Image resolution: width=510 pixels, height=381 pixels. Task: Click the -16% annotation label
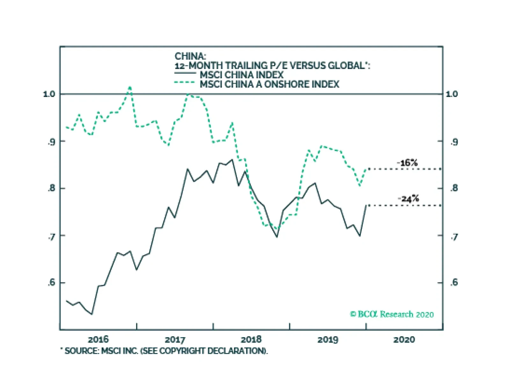[x=407, y=163]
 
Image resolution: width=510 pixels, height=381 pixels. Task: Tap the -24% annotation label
[x=408, y=199]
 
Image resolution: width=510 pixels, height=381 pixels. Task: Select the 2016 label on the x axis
[x=98, y=339]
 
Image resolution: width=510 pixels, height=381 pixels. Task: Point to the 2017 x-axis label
[x=175, y=339]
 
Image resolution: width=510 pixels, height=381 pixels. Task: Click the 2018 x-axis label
[x=251, y=339]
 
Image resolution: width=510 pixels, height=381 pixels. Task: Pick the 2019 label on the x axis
[x=328, y=339]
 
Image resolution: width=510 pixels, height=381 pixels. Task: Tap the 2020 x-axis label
[x=404, y=339]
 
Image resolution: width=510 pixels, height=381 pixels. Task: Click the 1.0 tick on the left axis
[x=49, y=94]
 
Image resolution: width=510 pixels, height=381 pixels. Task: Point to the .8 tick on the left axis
[x=51, y=188]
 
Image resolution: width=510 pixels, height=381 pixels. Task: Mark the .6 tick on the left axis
[x=51, y=283]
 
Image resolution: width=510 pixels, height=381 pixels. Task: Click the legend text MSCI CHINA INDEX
[x=242, y=75]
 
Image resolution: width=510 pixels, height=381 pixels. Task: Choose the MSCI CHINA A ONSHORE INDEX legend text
[x=269, y=84]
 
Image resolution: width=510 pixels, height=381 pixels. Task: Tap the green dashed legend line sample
[x=185, y=83]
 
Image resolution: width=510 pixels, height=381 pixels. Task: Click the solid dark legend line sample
[x=185, y=74]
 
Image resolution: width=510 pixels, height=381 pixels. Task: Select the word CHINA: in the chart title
[x=190, y=56]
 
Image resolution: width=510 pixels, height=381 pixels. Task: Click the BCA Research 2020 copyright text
[x=392, y=314]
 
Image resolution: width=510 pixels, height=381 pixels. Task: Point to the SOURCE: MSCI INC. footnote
[x=164, y=351]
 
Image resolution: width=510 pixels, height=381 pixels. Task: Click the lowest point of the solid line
[x=92, y=314]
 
